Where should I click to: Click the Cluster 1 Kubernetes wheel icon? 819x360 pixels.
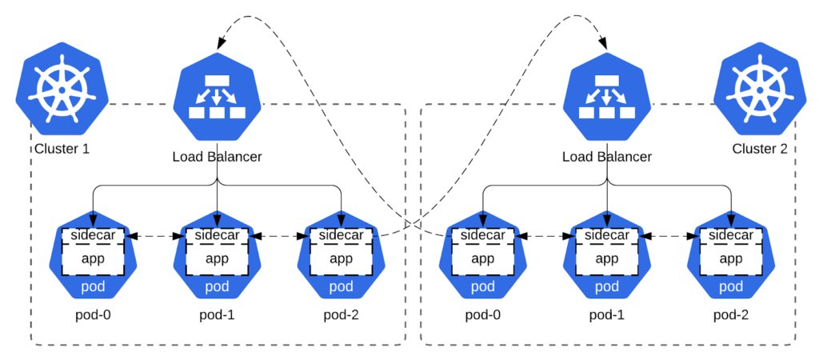[x=62, y=88]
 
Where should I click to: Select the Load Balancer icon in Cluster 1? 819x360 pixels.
[x=218, y=96]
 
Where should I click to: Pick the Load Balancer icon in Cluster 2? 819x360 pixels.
[x=607, y=96]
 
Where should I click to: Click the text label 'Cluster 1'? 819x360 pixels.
[x=62, y=149]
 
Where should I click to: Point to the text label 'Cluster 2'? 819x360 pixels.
[x=760, y=149]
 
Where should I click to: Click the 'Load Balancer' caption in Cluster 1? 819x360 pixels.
[x=218, y=156]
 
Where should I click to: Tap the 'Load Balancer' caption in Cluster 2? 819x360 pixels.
[x=607, y=156]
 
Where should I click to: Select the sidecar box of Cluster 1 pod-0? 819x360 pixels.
[x=93, y=236]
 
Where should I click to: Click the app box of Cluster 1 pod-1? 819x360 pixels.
[x=218, y=258]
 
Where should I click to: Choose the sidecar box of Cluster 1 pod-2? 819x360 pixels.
[x=341, y=236]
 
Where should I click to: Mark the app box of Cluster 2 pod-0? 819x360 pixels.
[x=482, y=258]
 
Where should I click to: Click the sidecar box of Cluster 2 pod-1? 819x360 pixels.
[x=607, y=236]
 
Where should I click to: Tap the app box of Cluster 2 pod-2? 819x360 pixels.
[x=731, y=258]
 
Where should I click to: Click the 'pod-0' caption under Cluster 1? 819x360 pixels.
[x=93, y=315]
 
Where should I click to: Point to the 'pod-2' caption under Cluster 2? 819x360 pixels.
[x=731, y=315]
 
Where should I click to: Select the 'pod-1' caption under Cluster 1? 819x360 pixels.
[x=218, y=315]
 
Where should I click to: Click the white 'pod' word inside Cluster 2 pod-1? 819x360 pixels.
[x=607, y=287]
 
